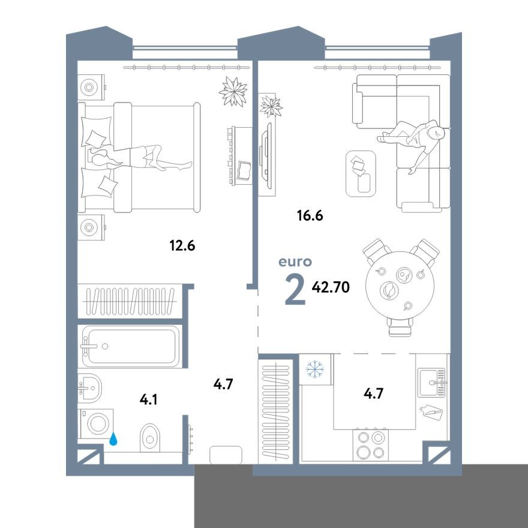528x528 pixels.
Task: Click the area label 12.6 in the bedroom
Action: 183,245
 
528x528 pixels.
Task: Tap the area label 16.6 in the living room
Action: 310,215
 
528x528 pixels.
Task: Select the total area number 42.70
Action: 331,287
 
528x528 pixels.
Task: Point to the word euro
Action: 295,262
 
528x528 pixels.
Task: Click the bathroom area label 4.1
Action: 148,399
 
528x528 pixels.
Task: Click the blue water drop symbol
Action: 113,440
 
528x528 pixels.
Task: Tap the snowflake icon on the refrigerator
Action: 315,369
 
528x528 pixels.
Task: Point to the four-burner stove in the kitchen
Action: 370,445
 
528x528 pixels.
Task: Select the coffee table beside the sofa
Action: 361,173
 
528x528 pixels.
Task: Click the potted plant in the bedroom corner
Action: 233,92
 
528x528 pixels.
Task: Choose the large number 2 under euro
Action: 295,290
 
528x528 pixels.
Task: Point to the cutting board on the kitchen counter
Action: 433,413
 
